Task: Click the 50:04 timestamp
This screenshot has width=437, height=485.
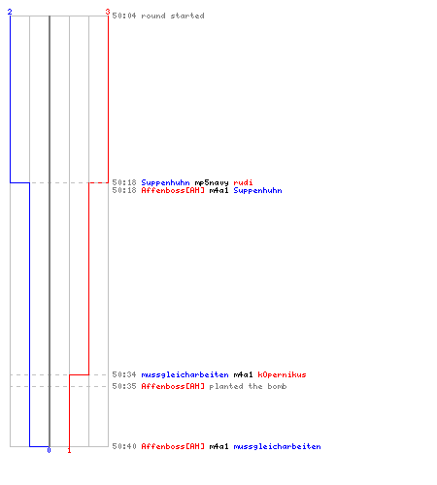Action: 124,16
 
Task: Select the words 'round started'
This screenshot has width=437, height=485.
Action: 173,16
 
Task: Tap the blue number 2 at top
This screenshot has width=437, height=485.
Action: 10,12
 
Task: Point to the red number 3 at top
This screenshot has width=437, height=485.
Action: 108,12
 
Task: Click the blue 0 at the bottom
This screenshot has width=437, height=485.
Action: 49,450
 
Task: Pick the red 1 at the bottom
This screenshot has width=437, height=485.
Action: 69,450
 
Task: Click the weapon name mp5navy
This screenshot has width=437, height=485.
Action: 212,182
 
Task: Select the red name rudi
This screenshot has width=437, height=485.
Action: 243,182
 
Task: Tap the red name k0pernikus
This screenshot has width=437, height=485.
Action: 282,374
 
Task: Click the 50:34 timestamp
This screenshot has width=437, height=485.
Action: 124,374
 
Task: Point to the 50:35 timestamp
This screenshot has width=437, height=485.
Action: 124,386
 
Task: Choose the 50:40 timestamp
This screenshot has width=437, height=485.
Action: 124,446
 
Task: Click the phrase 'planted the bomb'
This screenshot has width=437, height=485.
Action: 248,386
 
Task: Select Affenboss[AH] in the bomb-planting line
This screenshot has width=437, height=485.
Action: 173,386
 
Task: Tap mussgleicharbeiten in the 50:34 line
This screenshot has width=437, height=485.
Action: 185,374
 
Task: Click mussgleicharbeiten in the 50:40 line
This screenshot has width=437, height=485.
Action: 277,446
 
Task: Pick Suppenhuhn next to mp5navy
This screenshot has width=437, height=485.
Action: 165,182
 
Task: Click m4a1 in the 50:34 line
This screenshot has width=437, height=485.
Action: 243,374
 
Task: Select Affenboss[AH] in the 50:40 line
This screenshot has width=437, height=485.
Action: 173,446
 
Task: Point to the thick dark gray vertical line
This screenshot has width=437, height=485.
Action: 50,231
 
